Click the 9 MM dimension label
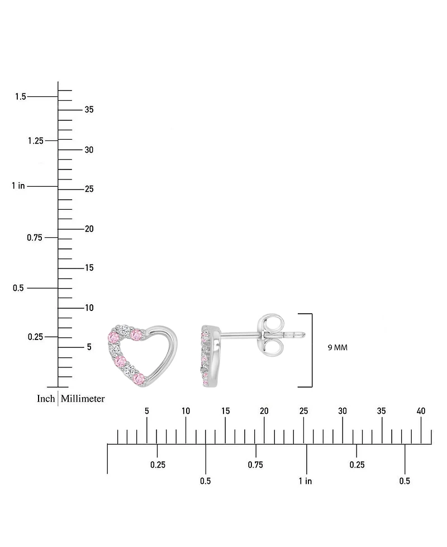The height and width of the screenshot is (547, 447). (337, 347)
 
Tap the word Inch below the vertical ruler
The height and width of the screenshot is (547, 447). (46, 399)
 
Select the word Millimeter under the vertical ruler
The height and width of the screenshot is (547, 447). (83, 399)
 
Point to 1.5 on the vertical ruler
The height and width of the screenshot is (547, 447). (21, 97)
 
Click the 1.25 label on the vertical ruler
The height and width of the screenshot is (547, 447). (35, 140)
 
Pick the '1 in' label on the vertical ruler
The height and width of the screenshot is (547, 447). (18, 186)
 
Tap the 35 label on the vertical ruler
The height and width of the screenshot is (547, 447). (89, 110)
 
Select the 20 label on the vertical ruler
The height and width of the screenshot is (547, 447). (89, 229)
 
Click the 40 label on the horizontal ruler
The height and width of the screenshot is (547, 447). (421, 411)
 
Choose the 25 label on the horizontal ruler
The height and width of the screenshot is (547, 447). (303, 411)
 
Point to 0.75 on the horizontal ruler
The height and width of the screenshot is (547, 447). (255, 465)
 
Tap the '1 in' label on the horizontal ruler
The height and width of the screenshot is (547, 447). (305, 481)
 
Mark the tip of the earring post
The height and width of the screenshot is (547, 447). (305, 334)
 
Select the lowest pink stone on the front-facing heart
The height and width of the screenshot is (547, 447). (140, 380)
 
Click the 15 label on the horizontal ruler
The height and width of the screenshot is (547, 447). (225, 411)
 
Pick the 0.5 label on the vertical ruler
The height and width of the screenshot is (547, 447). (18, 288)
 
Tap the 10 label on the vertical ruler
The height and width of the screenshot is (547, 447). (89, 308)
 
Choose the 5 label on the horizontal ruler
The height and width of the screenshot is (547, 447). (146, 411)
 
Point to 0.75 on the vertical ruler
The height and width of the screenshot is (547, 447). (35, 238)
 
